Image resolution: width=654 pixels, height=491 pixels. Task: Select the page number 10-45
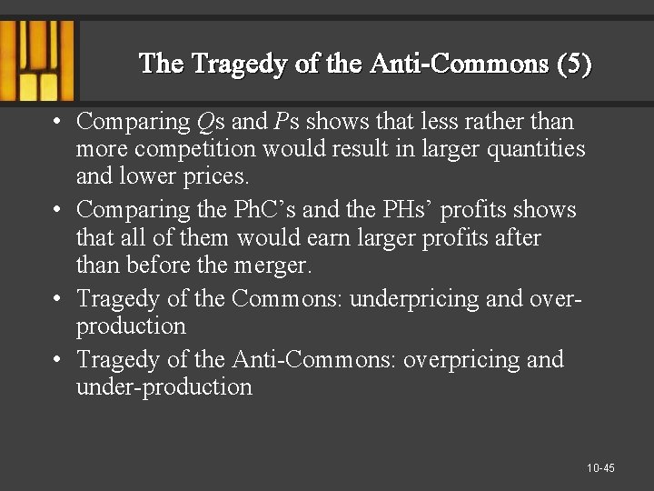[600, 468]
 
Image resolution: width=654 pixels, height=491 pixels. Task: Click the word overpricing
[463, 359]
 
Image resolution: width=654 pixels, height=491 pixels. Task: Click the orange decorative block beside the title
[36, 59]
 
